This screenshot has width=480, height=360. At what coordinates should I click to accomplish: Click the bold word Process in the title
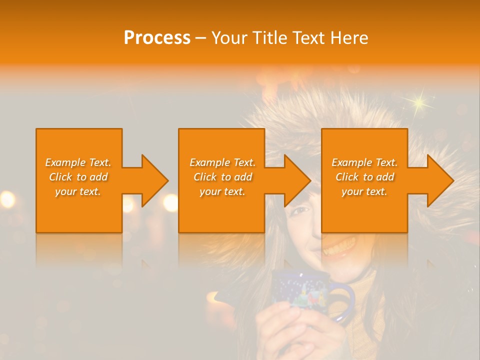157,38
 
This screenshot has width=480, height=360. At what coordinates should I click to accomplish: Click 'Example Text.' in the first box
78,162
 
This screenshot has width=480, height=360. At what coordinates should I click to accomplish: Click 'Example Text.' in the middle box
222,162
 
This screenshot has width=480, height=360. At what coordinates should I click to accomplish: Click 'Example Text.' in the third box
364,162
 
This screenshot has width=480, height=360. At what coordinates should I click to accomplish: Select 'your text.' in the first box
78,191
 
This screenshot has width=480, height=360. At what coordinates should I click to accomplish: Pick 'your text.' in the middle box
222,191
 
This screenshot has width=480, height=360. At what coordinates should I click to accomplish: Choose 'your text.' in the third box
364,191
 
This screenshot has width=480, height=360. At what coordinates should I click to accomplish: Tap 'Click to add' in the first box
78,177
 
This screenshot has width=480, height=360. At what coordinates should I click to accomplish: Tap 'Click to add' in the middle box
222,177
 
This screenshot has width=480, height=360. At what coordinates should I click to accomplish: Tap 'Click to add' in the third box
364,177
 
